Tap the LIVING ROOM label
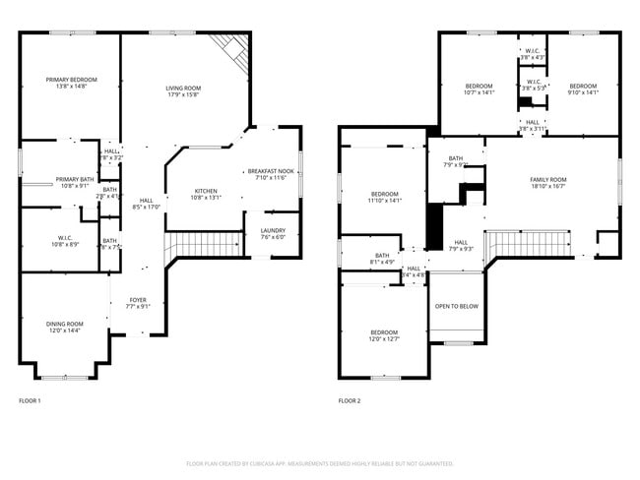pyautogui.click(x=183, y=89)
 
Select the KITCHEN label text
pyautogui.click(x=206, y=190)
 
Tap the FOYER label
pyautogui.click(x=138, y=300)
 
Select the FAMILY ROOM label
pyautogui.click(x=548, y=179)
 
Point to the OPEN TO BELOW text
pyautogui.click(x=457, y=306)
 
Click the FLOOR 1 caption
pyautogui.click(x=31, y=400)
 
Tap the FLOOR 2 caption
pyautogui.click(x=350, y=400)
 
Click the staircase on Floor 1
pyautogui.click(x=207, y=243)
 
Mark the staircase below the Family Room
pyautogui.click(x=532, y=242)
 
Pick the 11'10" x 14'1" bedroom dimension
pyautogui.click(x=385, y=201)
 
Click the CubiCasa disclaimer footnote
pyautogui.click(x=320, y=462)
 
